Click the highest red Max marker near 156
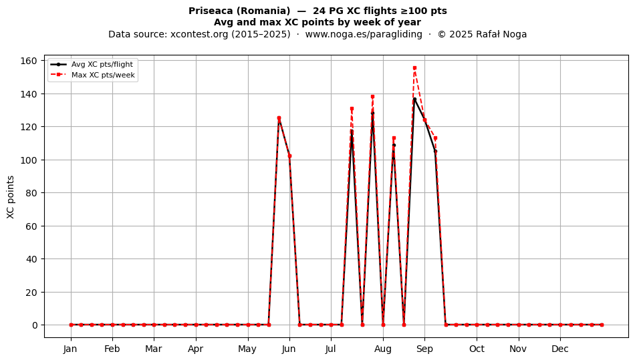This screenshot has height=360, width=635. pos(414,68)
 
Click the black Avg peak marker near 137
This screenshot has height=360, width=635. pos(414,99)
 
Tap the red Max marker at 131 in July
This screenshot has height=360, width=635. pos(352,109)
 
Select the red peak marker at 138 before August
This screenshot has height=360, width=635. pos(372,97)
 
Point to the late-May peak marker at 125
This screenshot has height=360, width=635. pos(279,118)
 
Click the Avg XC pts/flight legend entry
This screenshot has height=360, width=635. pos(92,64)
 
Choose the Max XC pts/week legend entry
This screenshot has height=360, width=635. pos(93,75)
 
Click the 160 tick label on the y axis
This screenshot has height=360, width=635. pos(28,61)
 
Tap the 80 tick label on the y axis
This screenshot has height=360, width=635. pos(31,193)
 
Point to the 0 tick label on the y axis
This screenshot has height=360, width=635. pos(34,325)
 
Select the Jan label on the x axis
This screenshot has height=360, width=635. pos(70,349)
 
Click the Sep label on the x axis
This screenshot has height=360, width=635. pos(424,349)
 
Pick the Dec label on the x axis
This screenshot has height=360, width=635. pos(560,349)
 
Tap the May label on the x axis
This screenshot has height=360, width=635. pos(247,349)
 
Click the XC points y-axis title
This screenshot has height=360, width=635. pos(11,197)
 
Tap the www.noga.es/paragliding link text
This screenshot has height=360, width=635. pos(364,34)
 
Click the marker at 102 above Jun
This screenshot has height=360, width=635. pos(289,156)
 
